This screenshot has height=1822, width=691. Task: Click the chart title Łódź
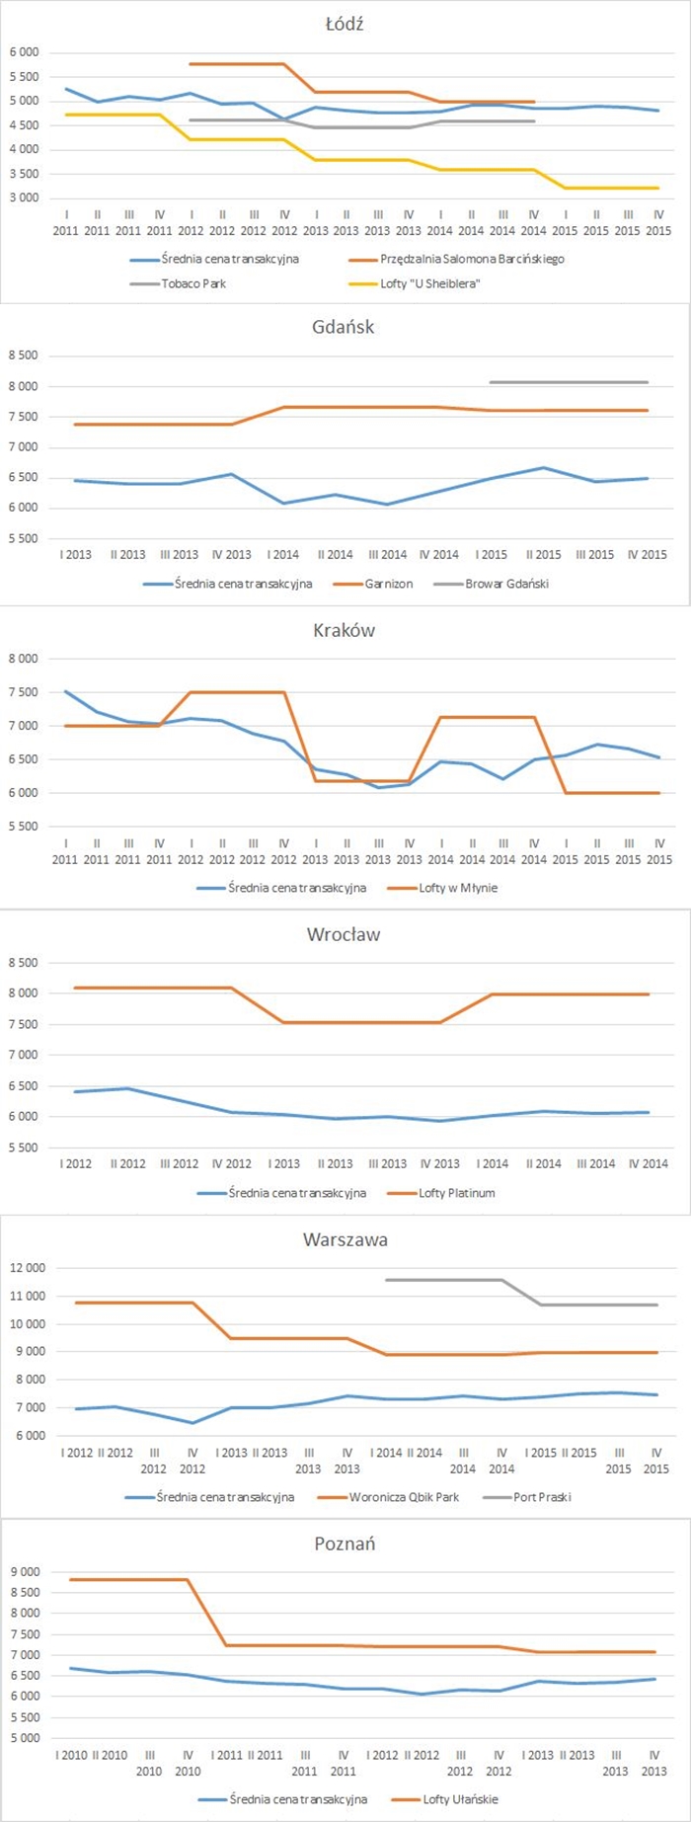coord(345,24)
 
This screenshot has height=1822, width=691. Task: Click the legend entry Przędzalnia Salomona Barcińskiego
coord(472,259)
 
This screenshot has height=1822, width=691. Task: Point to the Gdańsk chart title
coord(344,327)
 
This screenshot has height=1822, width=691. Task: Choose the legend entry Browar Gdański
coord(506,584)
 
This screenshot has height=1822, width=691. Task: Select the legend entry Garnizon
coord(388,584)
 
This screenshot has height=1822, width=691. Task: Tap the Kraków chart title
coord(344,630)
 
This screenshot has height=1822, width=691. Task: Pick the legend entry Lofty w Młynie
coord(458,888)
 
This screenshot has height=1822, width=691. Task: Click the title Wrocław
coord(344,934)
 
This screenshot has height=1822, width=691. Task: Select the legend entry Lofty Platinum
coord(457,1193)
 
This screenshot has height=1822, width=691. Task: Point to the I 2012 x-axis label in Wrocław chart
coord(76,1163)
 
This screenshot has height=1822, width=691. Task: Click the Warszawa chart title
coord(344,1239)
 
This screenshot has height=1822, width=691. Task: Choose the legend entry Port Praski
coord(542,1497)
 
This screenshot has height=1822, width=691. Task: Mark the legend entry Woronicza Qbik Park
coord(404,1497)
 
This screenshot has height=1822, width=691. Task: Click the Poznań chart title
coord(344,1544)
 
